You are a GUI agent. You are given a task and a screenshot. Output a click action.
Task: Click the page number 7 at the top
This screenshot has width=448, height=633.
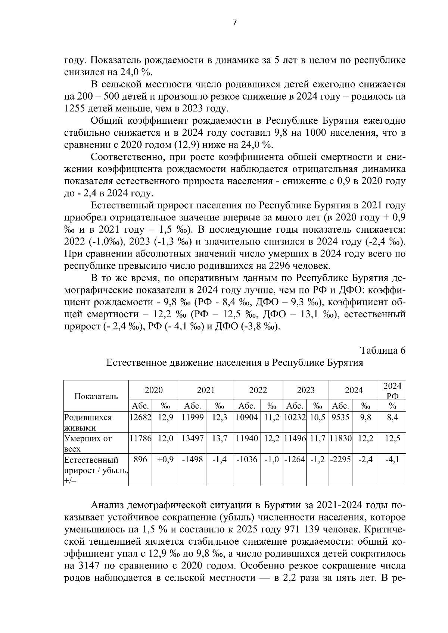pos(234,23)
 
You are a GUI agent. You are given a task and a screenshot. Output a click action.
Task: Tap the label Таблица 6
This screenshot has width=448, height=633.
pos(383,351)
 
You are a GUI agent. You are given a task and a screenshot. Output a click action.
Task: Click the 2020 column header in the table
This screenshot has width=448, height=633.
pos(153,390)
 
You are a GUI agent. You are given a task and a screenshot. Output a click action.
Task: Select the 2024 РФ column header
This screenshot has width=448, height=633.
pos(392,390)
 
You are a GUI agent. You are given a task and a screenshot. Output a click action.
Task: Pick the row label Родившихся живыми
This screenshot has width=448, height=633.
pos(88,422)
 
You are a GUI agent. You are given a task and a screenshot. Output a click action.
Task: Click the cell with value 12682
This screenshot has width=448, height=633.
pos(140,418)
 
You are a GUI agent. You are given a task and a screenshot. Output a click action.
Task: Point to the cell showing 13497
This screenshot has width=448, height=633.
pos(192,439)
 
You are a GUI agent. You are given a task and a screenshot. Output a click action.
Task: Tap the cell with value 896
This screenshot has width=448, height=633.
pos(140,460)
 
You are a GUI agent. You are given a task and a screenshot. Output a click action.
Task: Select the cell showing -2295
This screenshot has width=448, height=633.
pos(340,460)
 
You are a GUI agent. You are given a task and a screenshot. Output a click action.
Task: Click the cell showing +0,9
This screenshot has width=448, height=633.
pos(165,460)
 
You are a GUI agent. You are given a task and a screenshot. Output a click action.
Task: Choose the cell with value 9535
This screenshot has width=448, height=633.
pos(340,418)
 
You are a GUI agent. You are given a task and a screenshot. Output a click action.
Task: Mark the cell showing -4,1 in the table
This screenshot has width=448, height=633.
pos(392,460)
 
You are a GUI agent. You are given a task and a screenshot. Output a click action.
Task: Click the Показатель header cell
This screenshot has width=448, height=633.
pos(96,396)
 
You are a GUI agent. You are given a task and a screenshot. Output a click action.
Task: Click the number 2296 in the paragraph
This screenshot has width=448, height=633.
pos(280,266)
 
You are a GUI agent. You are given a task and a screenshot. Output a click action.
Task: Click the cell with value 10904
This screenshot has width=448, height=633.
pos(247,418)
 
